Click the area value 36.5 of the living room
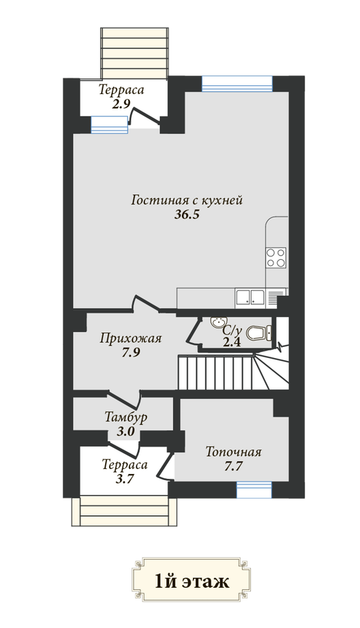point(187,215)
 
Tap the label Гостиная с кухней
point(187,200)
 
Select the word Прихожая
point(130,338)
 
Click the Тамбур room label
point(125,417)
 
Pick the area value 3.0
point(125,432)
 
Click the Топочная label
point(233,452)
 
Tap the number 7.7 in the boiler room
point(234,466)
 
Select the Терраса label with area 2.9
point(121,90)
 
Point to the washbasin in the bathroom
point(218,322)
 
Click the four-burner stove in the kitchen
point(276,258)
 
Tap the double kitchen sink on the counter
point(250,297)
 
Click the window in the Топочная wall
point(254,490)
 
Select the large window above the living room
point(237,83)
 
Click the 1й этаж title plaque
point(191,580)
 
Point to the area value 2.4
point(232,342)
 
